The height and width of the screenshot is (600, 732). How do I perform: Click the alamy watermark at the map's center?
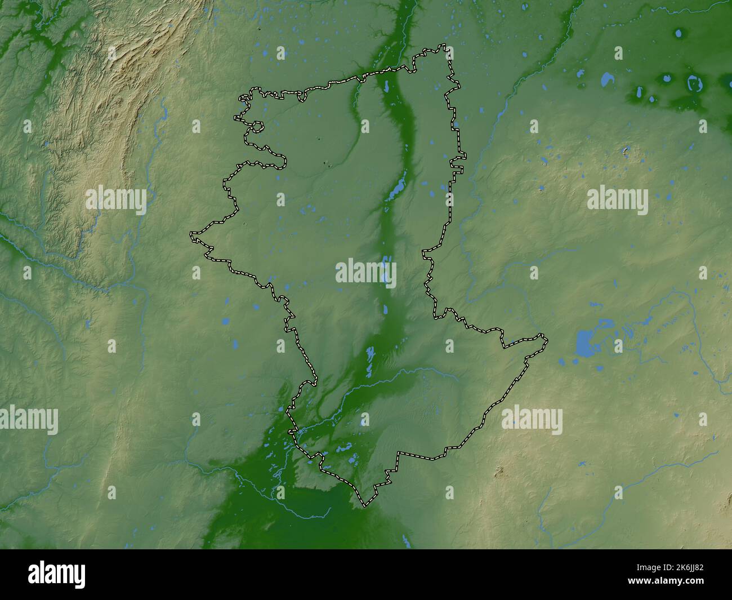(x=366, y=273)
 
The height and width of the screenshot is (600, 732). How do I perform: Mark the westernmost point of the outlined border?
(x=191, y=233)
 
